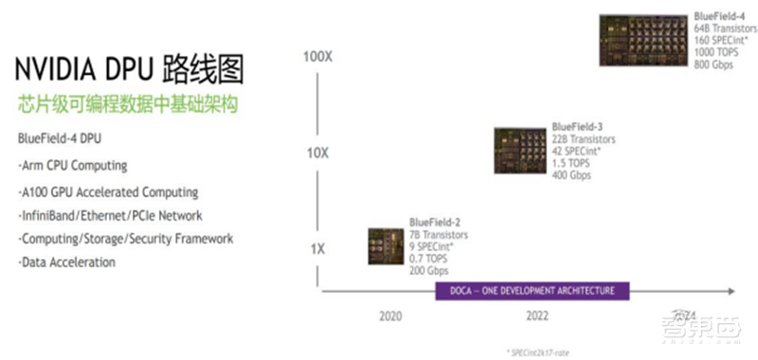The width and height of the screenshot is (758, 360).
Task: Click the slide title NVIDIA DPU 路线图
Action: [128, 71]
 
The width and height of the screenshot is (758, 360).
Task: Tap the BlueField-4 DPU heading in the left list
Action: [59, 138]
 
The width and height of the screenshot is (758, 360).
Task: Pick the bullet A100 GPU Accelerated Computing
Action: [108, 191]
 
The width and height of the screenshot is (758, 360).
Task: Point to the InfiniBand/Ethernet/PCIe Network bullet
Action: [110, 215]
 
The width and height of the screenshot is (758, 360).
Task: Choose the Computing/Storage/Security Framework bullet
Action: [125, 239]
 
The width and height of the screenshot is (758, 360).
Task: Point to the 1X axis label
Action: [318, 248]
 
